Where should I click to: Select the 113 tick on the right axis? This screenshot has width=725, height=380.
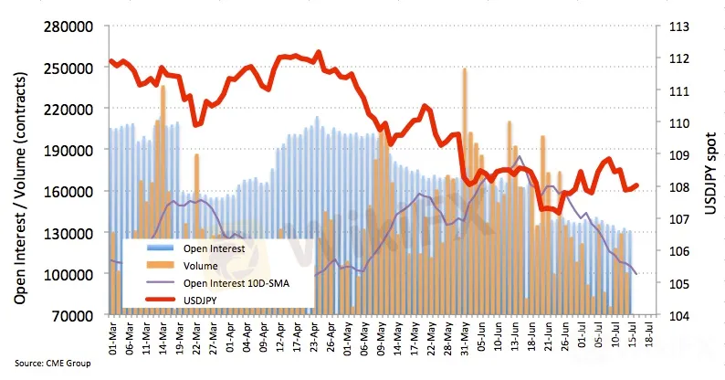tap(678, 26)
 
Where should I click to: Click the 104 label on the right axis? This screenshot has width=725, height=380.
tap(678, 315)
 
